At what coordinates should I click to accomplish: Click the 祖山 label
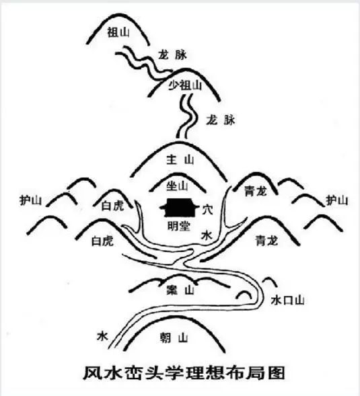118,32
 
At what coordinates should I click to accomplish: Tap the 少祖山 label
185,85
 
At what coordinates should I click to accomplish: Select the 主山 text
180,160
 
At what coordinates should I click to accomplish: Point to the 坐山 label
177,186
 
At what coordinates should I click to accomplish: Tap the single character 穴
207,209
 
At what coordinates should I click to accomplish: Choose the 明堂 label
179,226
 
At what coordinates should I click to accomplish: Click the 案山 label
180,290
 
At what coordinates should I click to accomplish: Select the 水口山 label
287,301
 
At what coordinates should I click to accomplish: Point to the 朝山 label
174,338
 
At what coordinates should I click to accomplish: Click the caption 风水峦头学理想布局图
184,372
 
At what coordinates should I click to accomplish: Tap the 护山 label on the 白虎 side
30,201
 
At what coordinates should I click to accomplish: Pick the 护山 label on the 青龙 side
337,200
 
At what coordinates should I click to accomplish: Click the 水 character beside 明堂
207,236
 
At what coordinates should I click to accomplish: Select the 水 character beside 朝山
102,336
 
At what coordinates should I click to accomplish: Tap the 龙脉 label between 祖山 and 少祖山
173,55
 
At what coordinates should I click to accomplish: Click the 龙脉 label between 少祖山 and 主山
221,120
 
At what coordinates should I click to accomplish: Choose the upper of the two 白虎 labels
112,206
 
